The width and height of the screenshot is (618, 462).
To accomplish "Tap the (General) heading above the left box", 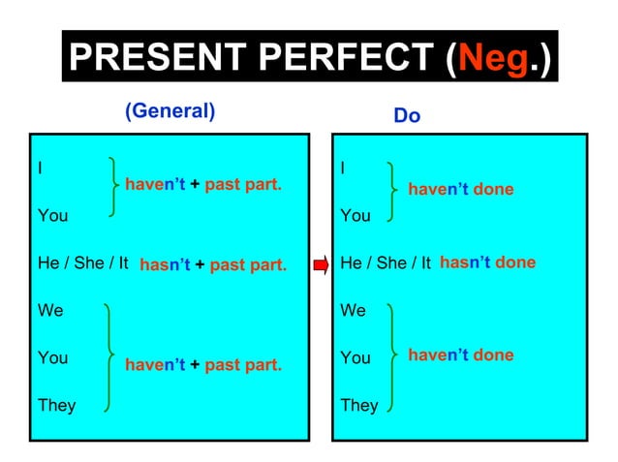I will [170, 110].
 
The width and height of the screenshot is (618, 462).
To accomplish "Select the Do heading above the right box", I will [407, 116].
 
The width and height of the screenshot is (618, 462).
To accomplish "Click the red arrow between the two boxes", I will [321, 263].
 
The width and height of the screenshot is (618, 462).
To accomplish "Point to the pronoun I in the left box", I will [40, 168].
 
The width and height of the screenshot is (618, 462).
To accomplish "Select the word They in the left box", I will [56, 405].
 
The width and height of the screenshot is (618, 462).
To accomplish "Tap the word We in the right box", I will [354, 311].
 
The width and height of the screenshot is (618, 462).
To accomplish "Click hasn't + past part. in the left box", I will [213, 264].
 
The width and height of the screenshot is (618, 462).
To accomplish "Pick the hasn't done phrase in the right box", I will [487, 262].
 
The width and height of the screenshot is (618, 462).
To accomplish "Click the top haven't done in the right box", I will [460, 190].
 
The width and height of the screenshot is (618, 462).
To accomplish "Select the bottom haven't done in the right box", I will [460, 355].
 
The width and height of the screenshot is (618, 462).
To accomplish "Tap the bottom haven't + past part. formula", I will [203, 364].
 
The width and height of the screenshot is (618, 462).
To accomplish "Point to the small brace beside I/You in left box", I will [115, 189].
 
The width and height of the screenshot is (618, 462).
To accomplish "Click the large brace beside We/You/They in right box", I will [391, 356].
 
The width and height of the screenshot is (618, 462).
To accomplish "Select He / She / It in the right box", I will [386, 263].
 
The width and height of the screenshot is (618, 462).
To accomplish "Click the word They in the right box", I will [359, 405].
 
